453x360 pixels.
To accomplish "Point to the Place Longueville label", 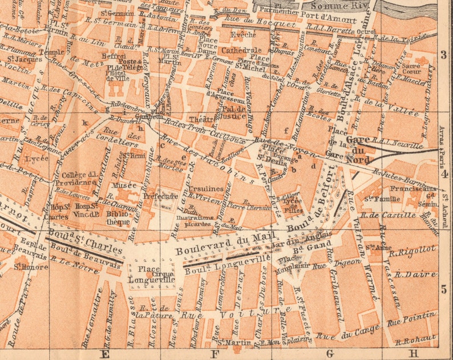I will pos(145,275).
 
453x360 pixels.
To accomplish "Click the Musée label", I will pos(126,185).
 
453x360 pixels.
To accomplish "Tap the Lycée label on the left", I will pos(37,157).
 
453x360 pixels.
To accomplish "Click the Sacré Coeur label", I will pos(411,69).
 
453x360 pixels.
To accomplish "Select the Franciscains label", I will pos(414,188).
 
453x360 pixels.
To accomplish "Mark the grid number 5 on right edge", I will pos(444,289).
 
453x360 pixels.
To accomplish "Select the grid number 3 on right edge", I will pos(444,55).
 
